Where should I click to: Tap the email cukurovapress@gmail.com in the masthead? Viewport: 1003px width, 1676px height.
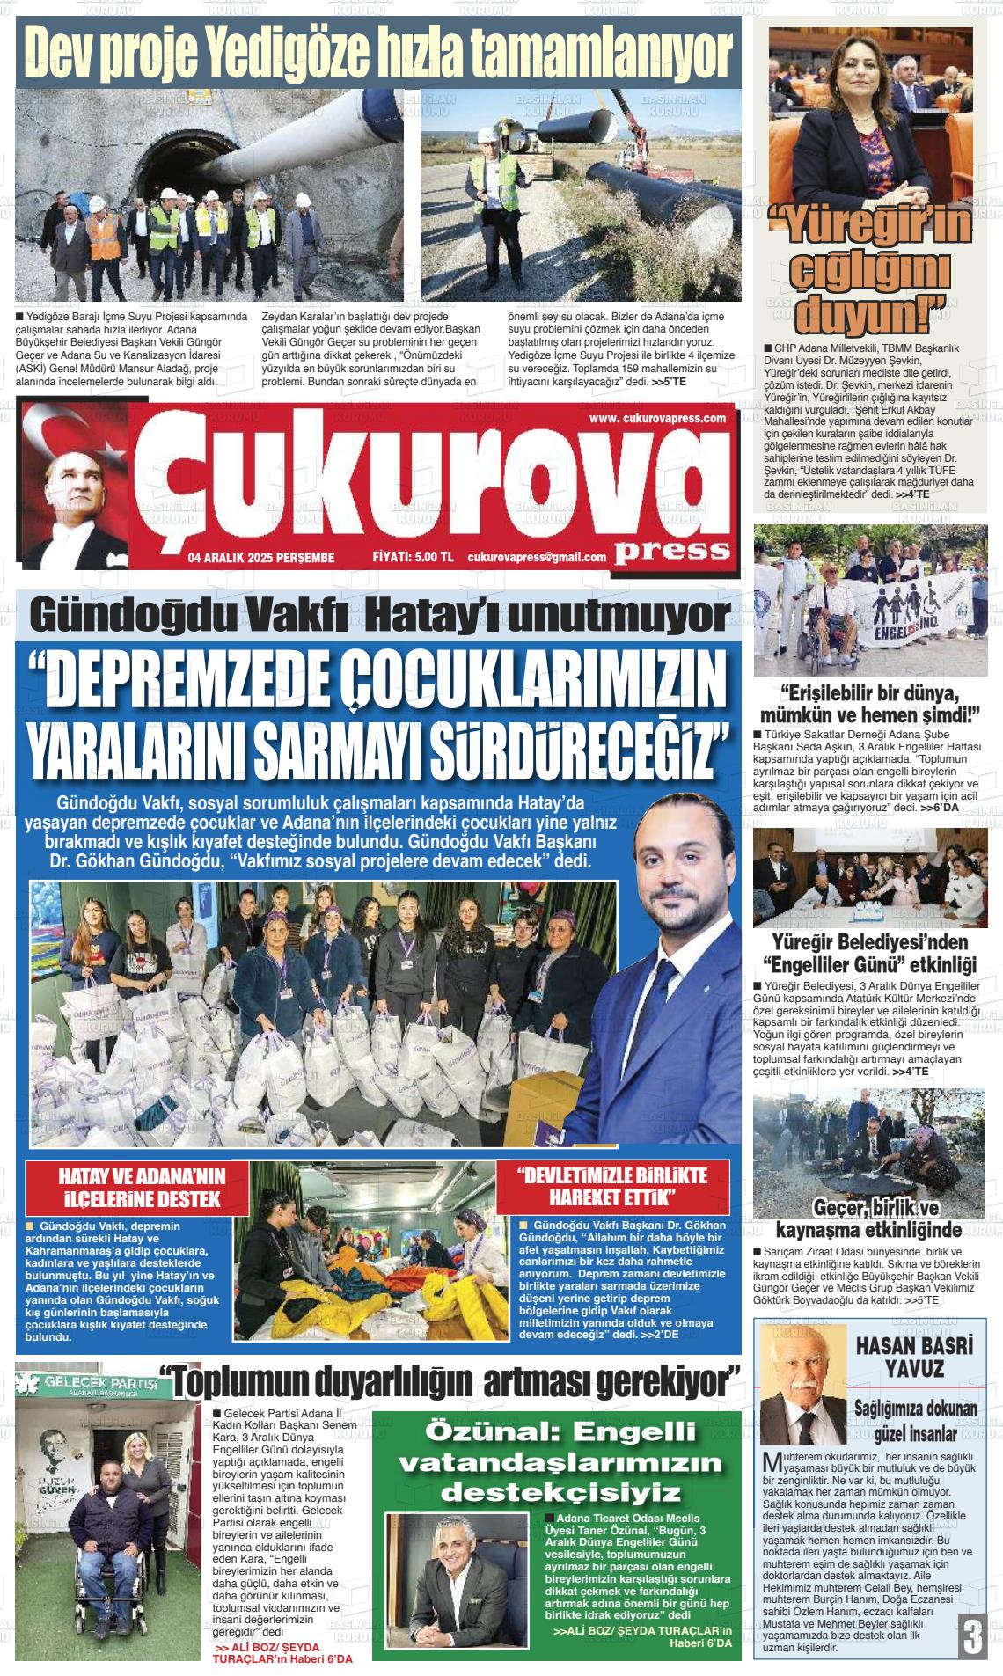pos(537,557)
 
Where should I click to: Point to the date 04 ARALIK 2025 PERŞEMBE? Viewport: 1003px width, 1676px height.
pos(261,557)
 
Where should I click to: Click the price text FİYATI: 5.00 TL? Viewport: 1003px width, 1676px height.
pos(413,557)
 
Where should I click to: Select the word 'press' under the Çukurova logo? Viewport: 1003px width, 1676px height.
pos(673,550)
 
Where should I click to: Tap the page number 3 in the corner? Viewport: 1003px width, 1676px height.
pos(971,1638)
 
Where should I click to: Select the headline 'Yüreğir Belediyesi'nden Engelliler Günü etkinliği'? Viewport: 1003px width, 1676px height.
pos(868,952)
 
